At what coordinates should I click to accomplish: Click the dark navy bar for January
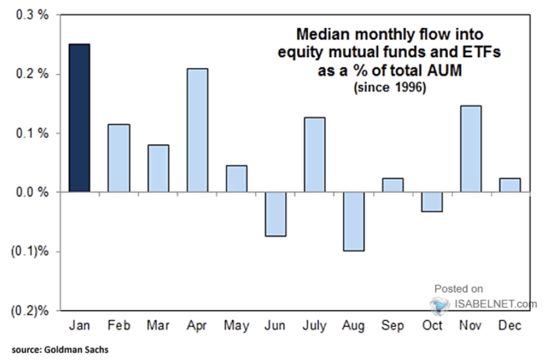80,118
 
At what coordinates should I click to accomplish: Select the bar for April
198,130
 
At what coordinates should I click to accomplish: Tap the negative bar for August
354,221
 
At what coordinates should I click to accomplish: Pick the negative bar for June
276,214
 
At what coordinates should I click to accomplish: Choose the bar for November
471,149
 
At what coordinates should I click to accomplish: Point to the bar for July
315,155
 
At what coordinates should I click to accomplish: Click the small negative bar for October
432,202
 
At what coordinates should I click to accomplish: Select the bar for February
119,158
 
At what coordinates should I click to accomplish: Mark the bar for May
236,179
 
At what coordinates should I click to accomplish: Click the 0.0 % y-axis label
32,193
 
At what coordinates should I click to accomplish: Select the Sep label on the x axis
393,326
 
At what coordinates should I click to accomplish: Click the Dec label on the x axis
510,326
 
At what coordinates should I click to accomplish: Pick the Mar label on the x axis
158,326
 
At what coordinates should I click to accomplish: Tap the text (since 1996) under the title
390,89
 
